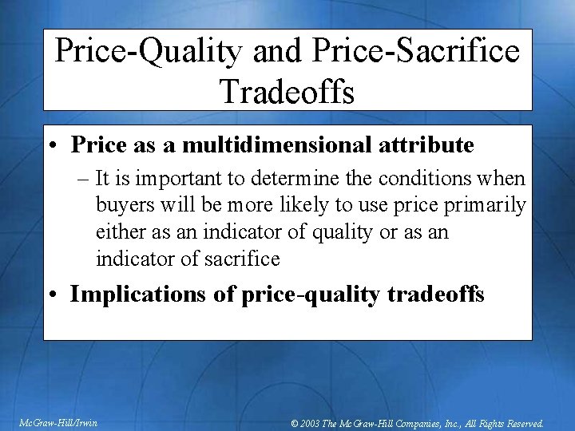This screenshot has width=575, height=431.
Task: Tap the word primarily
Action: click(x=486, y=205)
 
